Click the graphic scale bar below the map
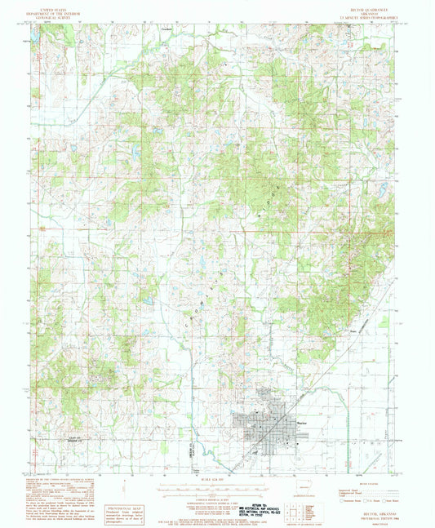click(219, 481)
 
